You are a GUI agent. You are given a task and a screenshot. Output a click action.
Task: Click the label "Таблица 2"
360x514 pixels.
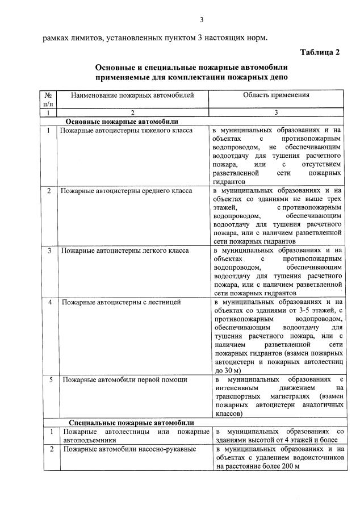point(320,53)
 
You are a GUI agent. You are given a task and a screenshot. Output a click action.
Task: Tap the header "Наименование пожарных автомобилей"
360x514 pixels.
point(132,95)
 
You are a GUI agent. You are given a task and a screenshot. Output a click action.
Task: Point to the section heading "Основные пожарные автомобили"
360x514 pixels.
point(122,122)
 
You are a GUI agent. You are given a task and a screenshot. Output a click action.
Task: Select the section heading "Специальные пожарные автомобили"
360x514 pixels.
point(131,423)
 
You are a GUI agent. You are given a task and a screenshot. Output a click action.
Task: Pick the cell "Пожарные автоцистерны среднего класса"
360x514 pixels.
point(126,191)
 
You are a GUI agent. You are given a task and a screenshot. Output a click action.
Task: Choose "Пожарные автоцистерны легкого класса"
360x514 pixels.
point(125,250)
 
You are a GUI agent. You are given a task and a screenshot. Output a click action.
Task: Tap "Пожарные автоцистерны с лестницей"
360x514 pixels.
point(118,302)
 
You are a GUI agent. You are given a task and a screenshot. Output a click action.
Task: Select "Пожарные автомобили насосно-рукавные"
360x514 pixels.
point(128,449)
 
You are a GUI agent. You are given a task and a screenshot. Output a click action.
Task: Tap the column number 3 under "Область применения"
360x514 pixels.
point(276,113)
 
